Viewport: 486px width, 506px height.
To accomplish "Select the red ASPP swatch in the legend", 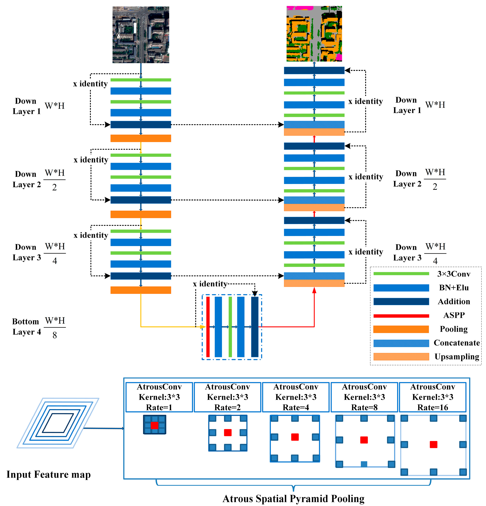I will click(401, 316).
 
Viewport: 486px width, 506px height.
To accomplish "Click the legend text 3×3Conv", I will click(453, 274).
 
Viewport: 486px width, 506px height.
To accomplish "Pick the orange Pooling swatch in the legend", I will click(401, 329).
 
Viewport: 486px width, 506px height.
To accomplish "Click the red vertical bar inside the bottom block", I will click(208, 327).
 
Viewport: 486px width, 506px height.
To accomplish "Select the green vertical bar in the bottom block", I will click(230, 327).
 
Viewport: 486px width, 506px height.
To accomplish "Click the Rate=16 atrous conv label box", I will click(432, 397).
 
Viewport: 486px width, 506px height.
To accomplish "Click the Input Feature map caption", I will click(49, 474).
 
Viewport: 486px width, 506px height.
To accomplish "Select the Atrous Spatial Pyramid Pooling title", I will click(293, 498).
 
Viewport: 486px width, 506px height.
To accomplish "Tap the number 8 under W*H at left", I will click(54, 335).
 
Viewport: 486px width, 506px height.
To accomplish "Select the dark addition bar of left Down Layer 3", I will click(141, 276).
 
